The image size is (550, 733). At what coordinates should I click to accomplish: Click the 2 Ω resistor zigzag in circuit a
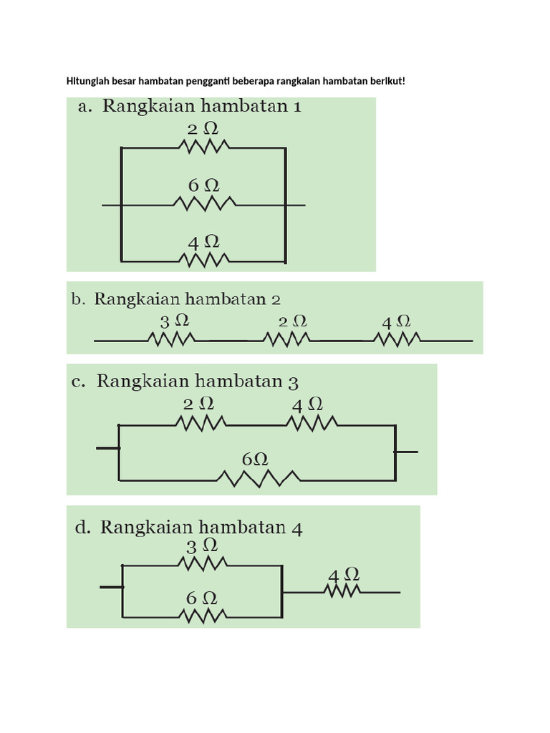coord(203,146)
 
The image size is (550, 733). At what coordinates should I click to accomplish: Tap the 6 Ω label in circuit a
coord(203,185)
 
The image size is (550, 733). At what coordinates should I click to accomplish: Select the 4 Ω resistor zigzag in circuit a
coord(203,258)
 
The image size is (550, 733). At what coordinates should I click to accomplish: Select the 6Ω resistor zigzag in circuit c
coord(259,477)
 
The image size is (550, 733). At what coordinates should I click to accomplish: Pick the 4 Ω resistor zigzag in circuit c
coord(312,423)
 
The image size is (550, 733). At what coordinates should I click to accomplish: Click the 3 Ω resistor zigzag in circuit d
coord(203,565)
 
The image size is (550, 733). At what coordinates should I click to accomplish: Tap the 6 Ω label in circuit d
coord(202,598)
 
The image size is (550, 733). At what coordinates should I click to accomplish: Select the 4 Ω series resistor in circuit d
coord(342,591)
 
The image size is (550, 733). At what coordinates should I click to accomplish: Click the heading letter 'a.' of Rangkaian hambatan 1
coord(85,107)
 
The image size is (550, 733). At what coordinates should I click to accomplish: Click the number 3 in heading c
coord(293,382)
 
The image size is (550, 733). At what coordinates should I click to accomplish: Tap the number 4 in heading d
coord(297,529)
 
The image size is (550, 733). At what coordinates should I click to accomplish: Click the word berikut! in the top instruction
coord(387,82)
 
